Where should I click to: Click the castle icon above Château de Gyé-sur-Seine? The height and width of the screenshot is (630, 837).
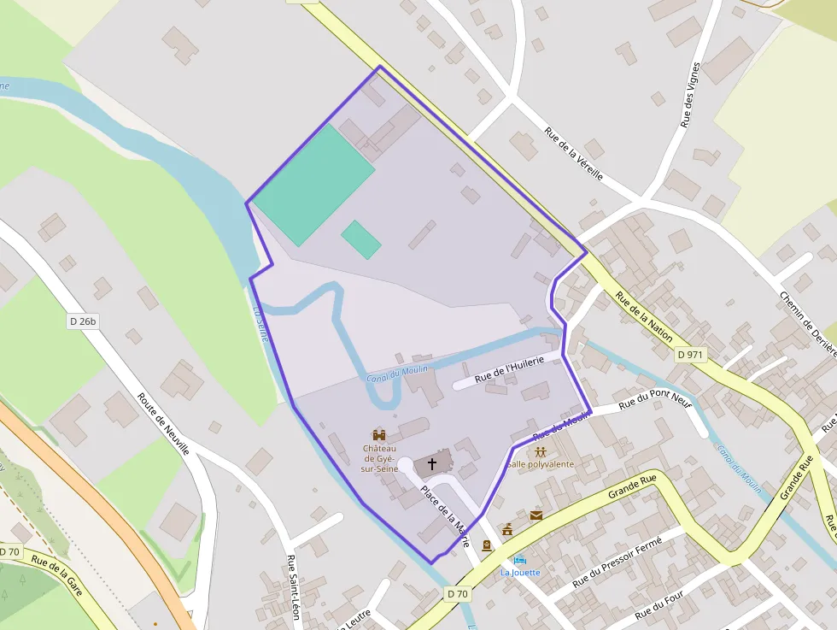coord(379,435)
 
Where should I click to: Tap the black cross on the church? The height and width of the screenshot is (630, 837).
coord(432,465)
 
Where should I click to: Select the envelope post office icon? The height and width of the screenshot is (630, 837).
coord(536,515)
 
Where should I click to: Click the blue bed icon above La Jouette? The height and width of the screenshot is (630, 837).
coord(520,560)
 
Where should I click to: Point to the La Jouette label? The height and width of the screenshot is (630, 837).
coord(520,572)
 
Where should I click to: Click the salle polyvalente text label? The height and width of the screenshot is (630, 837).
coord(541,464)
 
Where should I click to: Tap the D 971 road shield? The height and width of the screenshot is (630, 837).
coord(691,355)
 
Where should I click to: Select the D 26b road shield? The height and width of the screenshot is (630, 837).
coord(83,321)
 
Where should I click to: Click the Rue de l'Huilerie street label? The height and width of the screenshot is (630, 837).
coord(509,368)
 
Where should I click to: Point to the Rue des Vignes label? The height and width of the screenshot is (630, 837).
coord(690,95)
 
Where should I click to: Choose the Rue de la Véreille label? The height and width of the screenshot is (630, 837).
coord(574,154)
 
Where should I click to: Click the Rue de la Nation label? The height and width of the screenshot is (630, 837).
coord(645,317)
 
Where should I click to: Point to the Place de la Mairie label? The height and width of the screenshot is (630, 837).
coord(445,516)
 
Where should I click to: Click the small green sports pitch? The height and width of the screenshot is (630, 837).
coord(360,239)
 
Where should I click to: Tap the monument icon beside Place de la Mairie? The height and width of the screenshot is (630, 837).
coord(507,530)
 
